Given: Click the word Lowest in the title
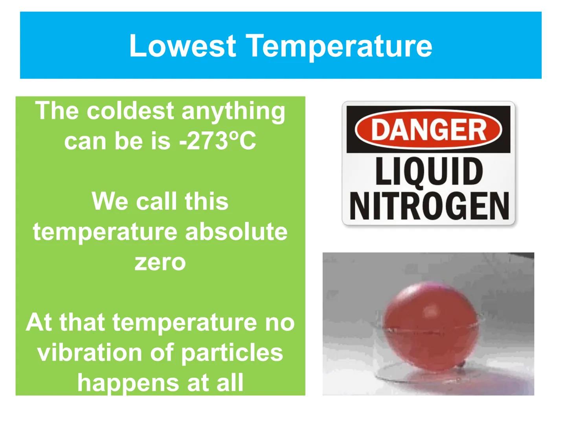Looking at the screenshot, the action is pyautogui.click(x=182, y=46).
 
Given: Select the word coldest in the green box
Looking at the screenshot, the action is pyautogui.click(x=130, y=111).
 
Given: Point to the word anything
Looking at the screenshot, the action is pyautogui.click(x=233, y=112).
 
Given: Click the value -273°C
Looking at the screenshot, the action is pyautogui.click(x=217, y=141).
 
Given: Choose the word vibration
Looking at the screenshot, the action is pyautogui.click(x=90, y=352).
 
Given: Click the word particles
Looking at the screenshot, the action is pyautogui.click(x=232, y=353).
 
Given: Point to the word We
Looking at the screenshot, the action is pyautogui.click(x=110, y=201).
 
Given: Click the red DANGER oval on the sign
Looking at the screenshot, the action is pyautogui.click(x=428, y=129).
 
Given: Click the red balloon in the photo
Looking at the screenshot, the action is pyautogui.click(x=430, y=327).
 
